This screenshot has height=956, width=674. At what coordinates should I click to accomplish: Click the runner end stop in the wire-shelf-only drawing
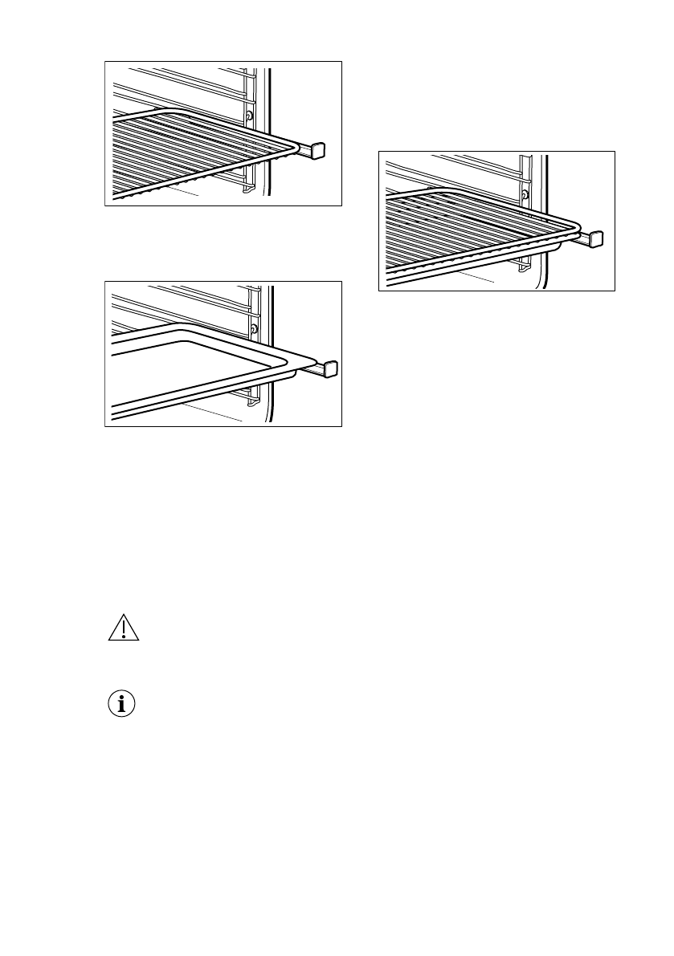pos(317,149)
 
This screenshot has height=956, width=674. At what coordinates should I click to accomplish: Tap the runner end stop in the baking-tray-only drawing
pos(329,369)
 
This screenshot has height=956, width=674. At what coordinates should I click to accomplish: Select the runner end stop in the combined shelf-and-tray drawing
pos(595,238)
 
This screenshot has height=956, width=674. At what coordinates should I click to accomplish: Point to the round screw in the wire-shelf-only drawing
pos(251,116)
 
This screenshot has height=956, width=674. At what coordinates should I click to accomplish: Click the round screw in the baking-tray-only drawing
pos(254,329)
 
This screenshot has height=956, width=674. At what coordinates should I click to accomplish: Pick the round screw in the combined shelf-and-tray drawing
pos(525,195)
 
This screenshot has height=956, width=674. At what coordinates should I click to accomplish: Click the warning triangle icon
pos(123,629)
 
